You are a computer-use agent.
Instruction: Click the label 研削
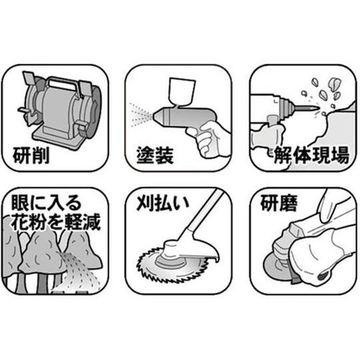pos(31,156)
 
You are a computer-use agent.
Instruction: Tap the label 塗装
pos(155,156)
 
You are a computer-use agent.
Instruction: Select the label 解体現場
pos(312,156)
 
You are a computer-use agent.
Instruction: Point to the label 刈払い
pos(163,204)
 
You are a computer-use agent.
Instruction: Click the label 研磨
pos(279,203)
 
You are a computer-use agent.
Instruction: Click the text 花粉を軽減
pos(55,222)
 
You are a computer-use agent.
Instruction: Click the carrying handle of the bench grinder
pos(63,82)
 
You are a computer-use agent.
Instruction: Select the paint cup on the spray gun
pos(182,91)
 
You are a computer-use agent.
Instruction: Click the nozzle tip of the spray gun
pos(156,116)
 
